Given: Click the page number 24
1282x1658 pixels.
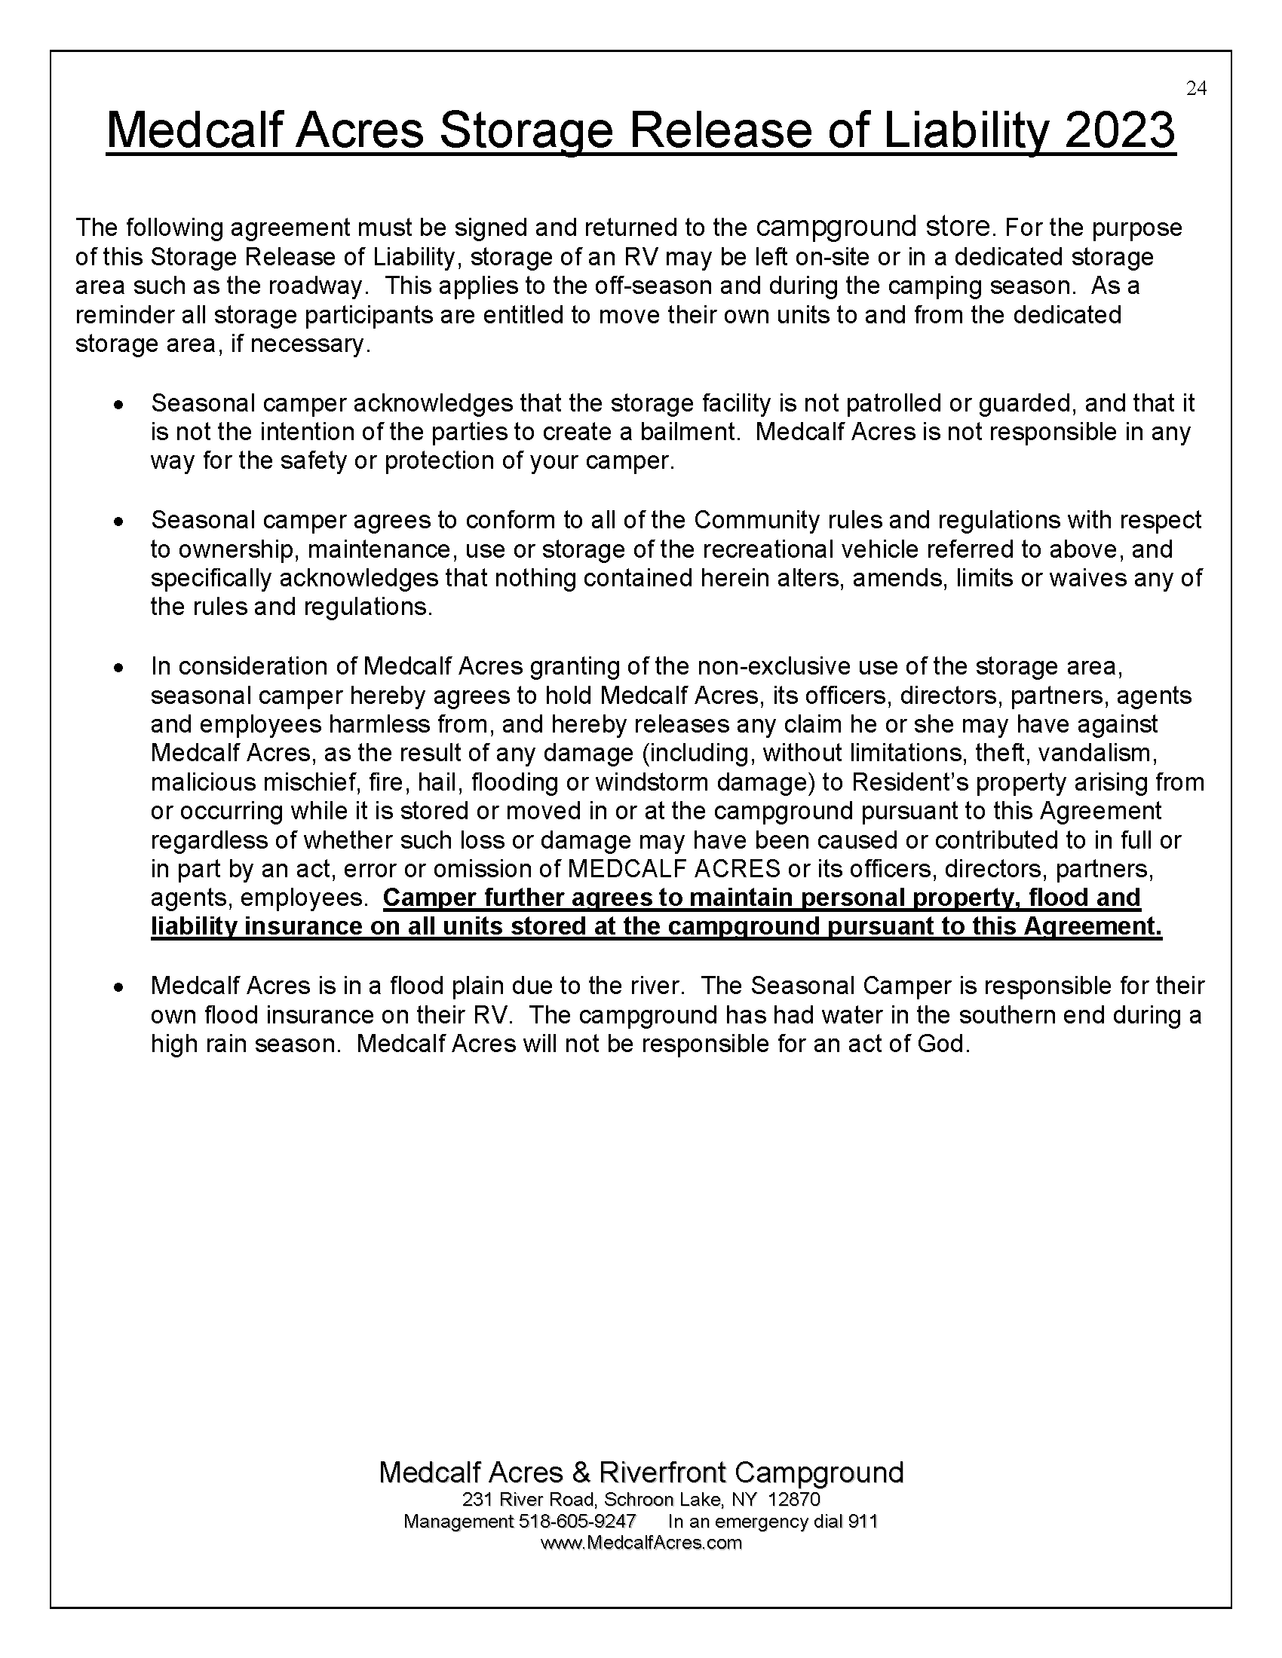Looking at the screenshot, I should coord(1196,89).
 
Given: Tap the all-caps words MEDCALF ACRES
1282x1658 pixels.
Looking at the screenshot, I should coord(674,868).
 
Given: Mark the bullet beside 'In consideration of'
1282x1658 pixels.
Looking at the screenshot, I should coord(118,667).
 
